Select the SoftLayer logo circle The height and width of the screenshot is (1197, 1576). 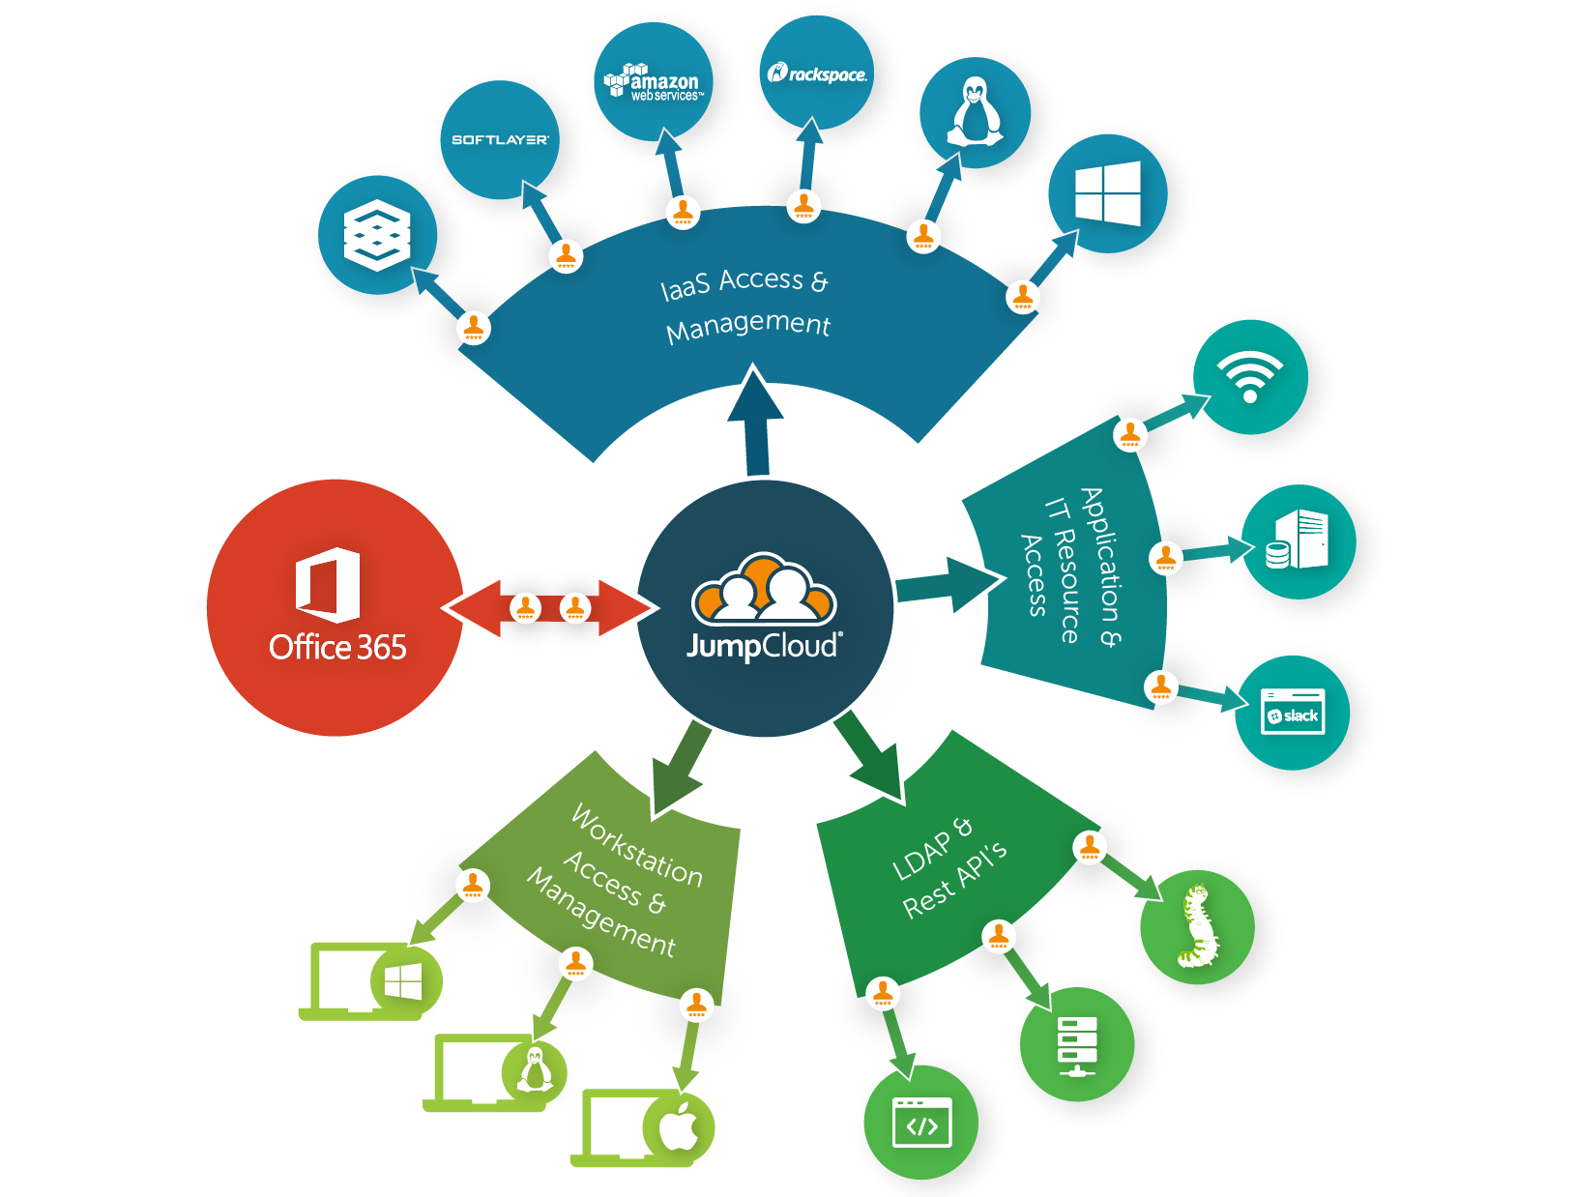[x=500, y=140]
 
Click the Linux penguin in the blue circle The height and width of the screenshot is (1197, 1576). [x=975, y=112]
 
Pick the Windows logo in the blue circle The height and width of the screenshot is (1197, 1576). [x=1108, y=193]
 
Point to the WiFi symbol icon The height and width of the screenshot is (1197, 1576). [x=1250, y=376]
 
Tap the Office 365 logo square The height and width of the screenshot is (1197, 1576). [x=328, y=585]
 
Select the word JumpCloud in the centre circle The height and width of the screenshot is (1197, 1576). [x=763, y=645]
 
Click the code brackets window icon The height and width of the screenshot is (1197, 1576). [x=921, y=1123]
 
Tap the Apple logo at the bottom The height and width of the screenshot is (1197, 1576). [x=679, y=1126]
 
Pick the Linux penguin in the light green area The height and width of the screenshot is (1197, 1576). [x=535, y=1069]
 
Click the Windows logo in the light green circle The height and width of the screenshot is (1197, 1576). [x=403, y=981]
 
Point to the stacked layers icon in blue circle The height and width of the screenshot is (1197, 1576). [x=377, y=235]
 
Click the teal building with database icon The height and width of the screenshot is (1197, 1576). [x=1298, y=540]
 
